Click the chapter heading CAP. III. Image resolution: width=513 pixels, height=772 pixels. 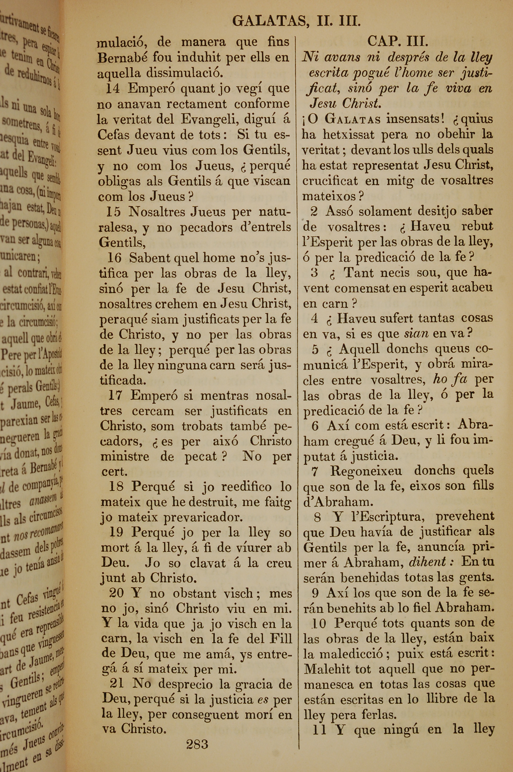click(x=398, y=42)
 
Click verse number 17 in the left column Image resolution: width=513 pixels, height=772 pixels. click(x=115, y=396)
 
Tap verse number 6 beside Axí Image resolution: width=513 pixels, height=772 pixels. click(x=315, y=426)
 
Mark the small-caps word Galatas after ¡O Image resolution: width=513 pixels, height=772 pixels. click(x=353, y=119)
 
